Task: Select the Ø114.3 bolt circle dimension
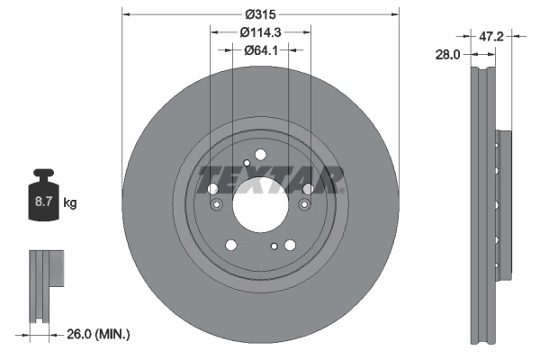coord(260,31)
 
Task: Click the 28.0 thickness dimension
coord(447,54)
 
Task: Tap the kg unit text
coord(70,203)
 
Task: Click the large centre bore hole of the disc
coord(260,200)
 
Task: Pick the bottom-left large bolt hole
coord(232,244)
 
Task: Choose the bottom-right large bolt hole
coord(289,244)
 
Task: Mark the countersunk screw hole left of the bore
coord(216,207)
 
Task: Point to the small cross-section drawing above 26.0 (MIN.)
coord(44,284)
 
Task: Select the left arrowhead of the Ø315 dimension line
coord(125,14)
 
